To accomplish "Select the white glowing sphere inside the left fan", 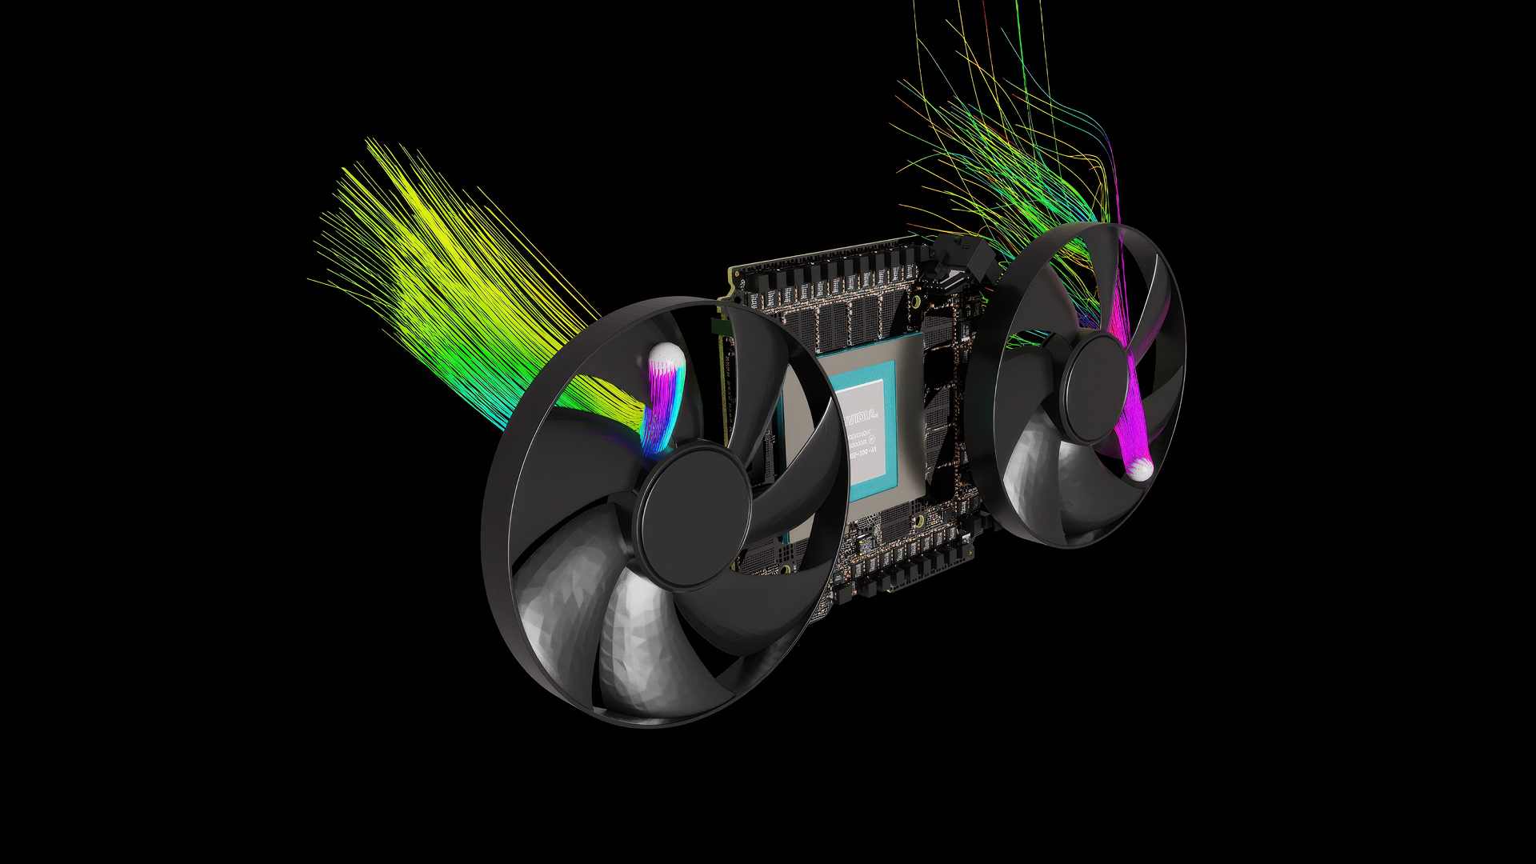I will click(x=666, y=357).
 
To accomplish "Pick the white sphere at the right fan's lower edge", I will click(x=1140, y=469).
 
